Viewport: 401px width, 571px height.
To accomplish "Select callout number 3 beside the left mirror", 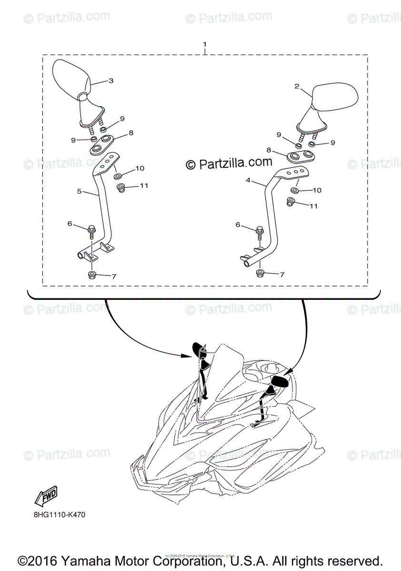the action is point(111,81).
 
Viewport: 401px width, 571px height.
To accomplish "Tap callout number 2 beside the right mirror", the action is point(296,87).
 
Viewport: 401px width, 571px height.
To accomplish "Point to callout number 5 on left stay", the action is point(80,191).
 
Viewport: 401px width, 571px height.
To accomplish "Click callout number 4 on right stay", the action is point(248,181).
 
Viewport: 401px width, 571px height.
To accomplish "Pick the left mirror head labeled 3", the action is point(70,79).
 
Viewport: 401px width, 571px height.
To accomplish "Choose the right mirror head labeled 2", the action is point(335,96).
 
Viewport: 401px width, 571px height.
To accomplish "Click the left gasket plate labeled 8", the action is point(101,144).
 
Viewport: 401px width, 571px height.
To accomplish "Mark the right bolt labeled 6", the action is point(260,233).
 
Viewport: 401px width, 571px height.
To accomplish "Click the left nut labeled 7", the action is point(91,275).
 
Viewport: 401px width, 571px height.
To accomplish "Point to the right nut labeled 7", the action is point(261,274).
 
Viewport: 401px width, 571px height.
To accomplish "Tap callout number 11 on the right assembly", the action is point(313,206).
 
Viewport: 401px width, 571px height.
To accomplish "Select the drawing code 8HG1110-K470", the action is point(60,514).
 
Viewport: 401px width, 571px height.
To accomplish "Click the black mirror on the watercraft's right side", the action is point(279,381).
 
